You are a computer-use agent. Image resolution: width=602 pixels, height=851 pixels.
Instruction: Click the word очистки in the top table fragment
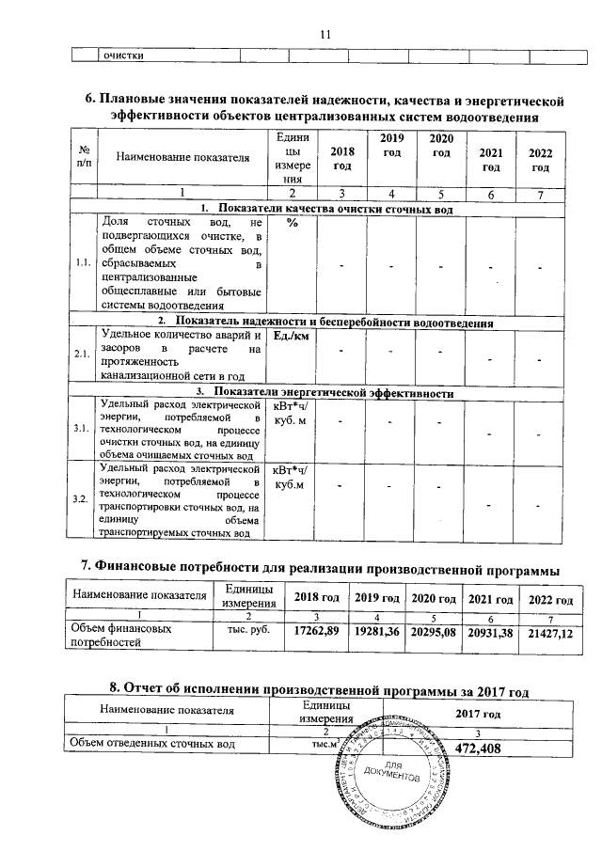(x=122, y=55)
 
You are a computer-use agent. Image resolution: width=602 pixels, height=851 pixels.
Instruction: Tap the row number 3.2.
(x=81, y=498)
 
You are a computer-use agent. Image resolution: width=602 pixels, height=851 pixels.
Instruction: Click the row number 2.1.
(x=81, y=355)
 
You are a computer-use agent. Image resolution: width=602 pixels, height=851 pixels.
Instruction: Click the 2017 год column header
(x=480, y=715)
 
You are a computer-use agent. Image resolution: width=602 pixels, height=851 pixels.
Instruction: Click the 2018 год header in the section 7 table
(x=317, y=599)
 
